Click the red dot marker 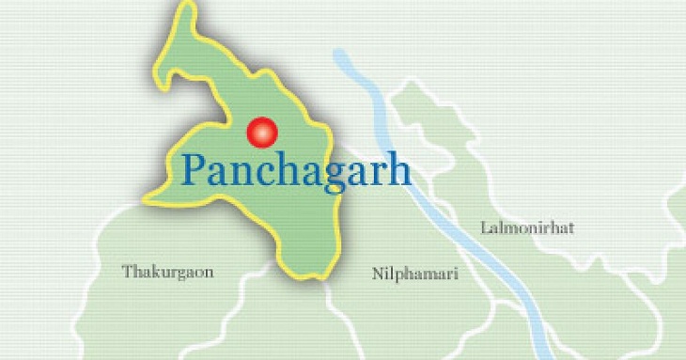[x=262, y=133]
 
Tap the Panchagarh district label [x=296, y=171]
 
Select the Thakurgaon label [x=167, y=273]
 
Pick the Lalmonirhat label [x=526, y=227]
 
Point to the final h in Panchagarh [x=399, y=169]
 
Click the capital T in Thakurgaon [x=127, y=273]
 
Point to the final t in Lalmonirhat [x=569, y=227]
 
